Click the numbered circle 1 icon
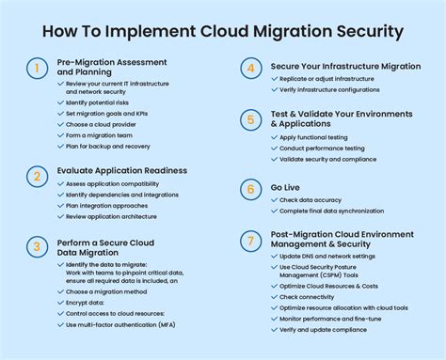click(37, 69)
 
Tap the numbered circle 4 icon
click(249, 69)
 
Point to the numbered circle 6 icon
click(249, 188)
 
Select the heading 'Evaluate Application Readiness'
click(122, 171)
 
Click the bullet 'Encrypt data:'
click(86, 304)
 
